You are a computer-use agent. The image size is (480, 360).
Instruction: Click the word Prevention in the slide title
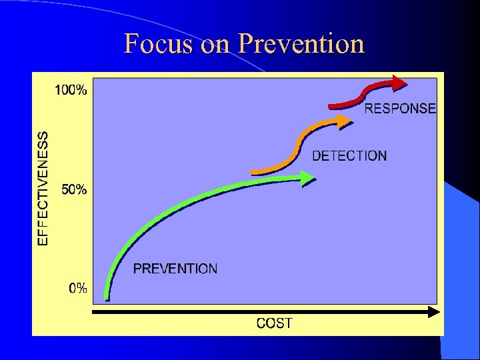coord(301,44)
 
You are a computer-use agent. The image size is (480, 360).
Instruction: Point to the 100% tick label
coord(71,91)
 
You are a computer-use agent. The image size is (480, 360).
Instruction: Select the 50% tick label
coord(74,189)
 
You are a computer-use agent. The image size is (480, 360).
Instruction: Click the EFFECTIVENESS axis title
coord(43,188)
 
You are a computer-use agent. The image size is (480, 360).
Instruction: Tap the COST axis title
coord(274,323)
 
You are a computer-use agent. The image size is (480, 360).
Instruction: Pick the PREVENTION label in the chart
coord(175,269)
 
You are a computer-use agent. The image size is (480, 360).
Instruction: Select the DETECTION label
coord(349,156)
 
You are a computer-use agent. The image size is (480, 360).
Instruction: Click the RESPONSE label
coord(400,108)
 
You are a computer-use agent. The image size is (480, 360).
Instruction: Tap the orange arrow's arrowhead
coord(343,121)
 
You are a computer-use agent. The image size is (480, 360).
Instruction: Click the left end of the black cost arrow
coord(93,311)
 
